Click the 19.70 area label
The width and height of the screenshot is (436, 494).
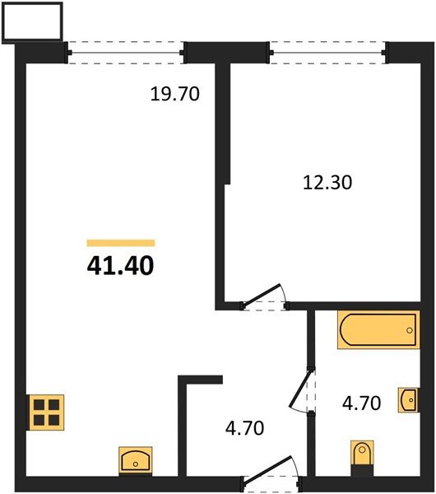click(176, 94)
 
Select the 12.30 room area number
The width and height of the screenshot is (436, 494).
click(326, 183)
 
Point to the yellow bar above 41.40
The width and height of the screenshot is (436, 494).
click(121, 243)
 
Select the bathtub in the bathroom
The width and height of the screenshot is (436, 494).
click(378, 330)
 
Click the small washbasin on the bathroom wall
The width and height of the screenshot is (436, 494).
click(408, 398)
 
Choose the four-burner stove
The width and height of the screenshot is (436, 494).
click(47, 411)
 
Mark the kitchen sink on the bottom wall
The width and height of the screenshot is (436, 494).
click(136, 458)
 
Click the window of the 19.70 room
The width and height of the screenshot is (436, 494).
click(126, 53)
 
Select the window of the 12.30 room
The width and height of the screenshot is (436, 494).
click(327, 53)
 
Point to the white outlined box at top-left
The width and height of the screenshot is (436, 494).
click(33, 22)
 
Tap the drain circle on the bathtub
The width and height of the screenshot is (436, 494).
click(409, 330)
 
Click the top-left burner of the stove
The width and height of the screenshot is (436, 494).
click(39, 403)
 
